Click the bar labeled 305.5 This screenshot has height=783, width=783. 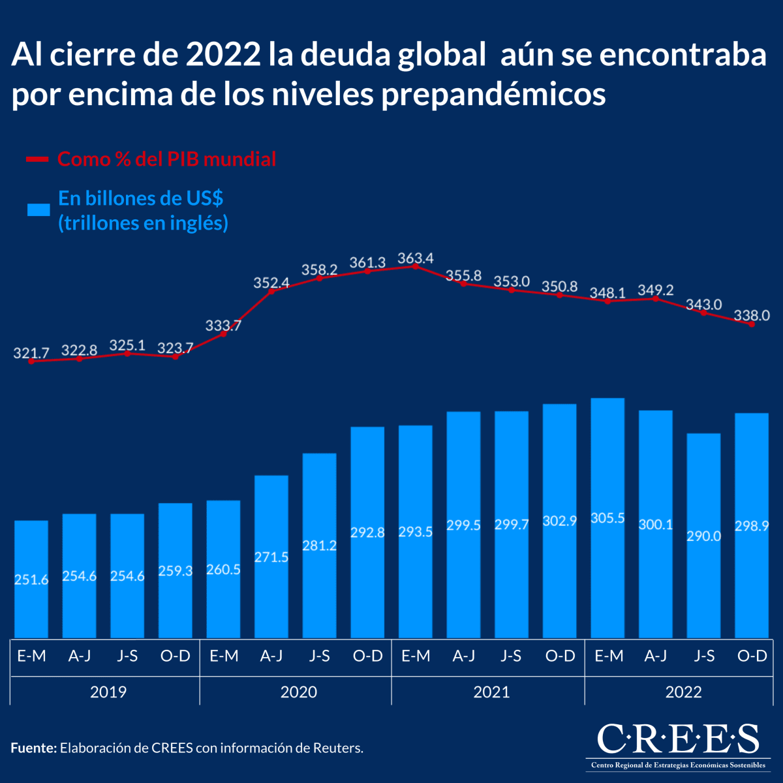click(607, 518)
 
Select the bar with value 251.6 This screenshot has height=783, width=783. click(31, 579)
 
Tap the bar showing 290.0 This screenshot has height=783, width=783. click(703, 536)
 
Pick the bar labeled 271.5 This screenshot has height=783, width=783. click(271, 557)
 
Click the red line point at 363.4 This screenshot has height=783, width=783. click(415, 266)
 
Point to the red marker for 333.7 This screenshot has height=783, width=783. click(224, 334)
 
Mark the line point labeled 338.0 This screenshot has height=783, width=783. click(752, 324)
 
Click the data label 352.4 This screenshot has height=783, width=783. click(271, 283)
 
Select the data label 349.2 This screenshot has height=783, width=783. click(655, 289)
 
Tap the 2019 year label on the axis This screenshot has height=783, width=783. click(108, 692)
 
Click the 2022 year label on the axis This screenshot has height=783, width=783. click(683, 692)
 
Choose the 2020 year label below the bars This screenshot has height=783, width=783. click(298, 692)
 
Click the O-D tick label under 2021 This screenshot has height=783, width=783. click(560, 656)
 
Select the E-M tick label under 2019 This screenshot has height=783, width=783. click(31, 656)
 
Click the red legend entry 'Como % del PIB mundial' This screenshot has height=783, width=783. click(166, 159)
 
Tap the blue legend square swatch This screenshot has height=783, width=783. click(38, 209)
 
